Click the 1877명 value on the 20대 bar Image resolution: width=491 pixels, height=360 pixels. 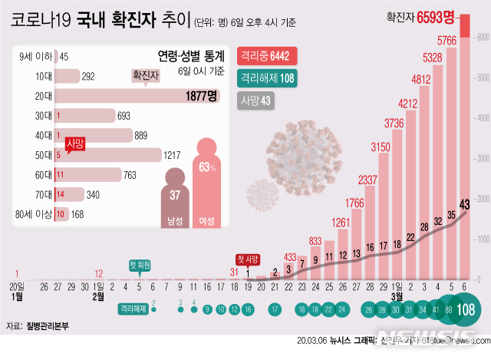(x=202, y=96)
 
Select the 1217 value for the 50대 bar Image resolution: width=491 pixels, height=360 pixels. (x=173, y=155)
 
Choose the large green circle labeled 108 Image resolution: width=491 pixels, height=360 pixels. (x=464, y=310)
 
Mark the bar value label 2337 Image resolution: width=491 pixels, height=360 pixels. (x=367, y=180)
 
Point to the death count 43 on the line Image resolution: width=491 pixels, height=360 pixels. (x=464, y=203)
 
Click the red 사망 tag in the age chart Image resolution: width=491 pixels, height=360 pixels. (x=75, y=144)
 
